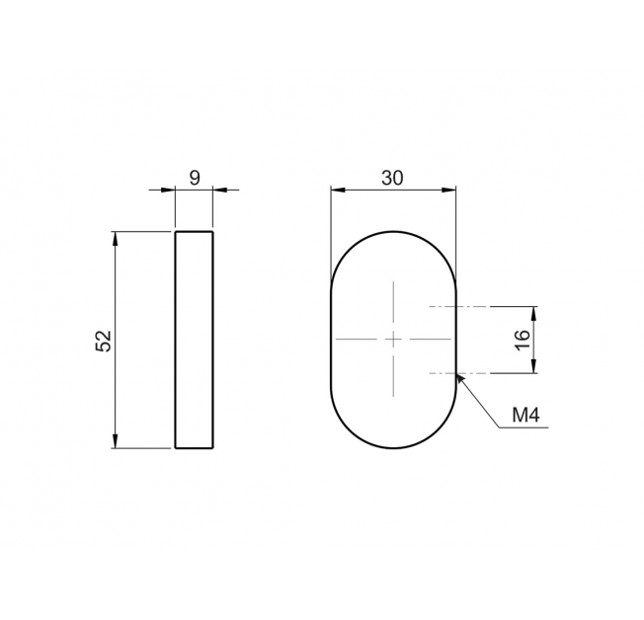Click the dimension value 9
click(195, 178)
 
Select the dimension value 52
click(103, 340)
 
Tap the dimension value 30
click(393, 178)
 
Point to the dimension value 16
click(522, 340)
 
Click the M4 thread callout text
click(525, 416)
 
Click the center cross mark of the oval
click(393, 340)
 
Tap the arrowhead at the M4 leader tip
click(460, 378)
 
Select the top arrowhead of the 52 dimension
click(116, 239)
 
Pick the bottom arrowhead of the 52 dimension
click(116, 441)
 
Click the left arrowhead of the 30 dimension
click(338, 190)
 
